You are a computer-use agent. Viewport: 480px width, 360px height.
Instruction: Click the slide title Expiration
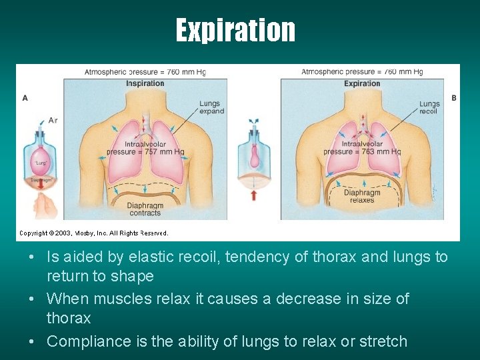(235, 30)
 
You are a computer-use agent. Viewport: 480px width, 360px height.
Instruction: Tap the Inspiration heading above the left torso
(145, 83)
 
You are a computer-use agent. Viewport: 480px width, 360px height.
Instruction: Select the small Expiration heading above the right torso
(362, 83)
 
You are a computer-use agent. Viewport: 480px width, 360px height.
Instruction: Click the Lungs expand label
(211, 107)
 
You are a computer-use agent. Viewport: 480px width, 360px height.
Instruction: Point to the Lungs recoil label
(429, 107)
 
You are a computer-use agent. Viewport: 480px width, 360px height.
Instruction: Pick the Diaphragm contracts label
(145, 209)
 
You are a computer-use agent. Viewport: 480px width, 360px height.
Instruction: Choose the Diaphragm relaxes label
(362, 196)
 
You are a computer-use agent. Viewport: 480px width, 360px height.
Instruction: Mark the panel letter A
(25, 97)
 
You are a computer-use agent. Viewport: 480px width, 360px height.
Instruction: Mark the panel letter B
(454, 97)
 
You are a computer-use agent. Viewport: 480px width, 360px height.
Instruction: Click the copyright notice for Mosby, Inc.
(93, 233)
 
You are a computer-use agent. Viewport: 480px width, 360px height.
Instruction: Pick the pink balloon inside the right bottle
(255, 155)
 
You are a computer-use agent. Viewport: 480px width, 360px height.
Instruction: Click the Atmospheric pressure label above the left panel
(145, 71)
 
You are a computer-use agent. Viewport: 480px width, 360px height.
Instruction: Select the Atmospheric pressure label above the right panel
(362, 71)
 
